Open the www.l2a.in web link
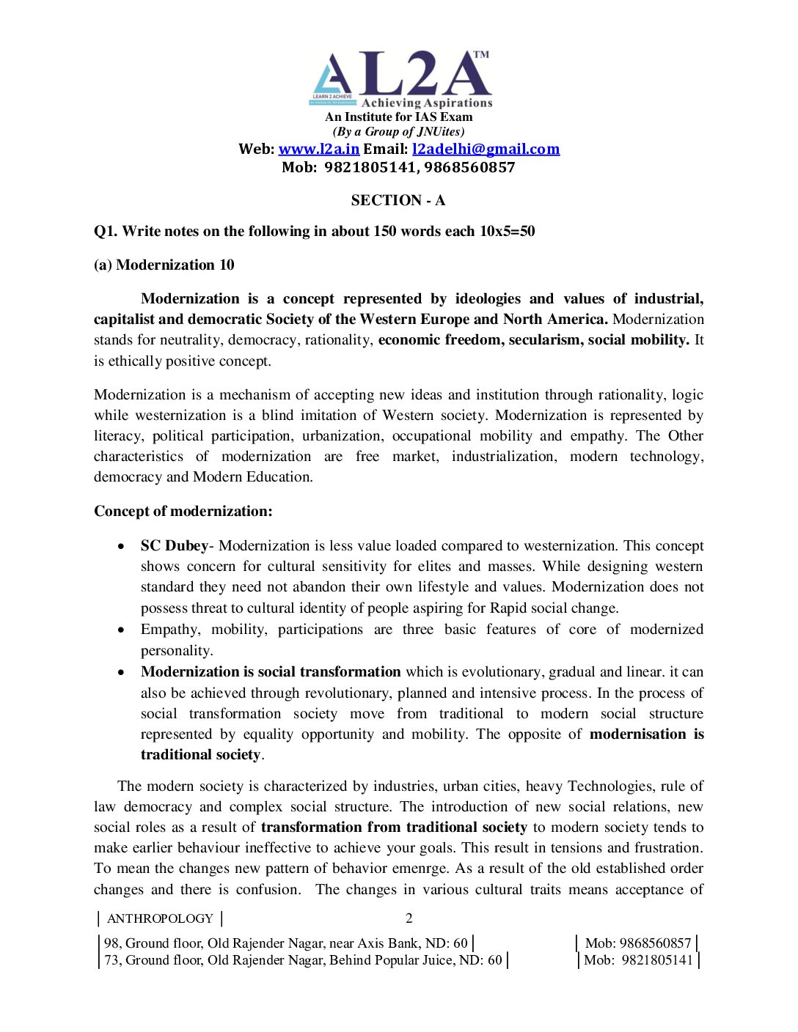318,149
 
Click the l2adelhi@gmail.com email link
486,149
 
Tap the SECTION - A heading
398,200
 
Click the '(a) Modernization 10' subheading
164,265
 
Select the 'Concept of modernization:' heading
183,511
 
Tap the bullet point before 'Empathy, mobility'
121,630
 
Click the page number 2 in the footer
409,918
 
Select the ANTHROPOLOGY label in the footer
160,918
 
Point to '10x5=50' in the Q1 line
507,231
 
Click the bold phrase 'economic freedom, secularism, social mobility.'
533,339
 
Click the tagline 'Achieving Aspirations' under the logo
427,103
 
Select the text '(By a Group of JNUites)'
398,132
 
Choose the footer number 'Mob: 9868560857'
637,943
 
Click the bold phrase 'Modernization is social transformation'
271,671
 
